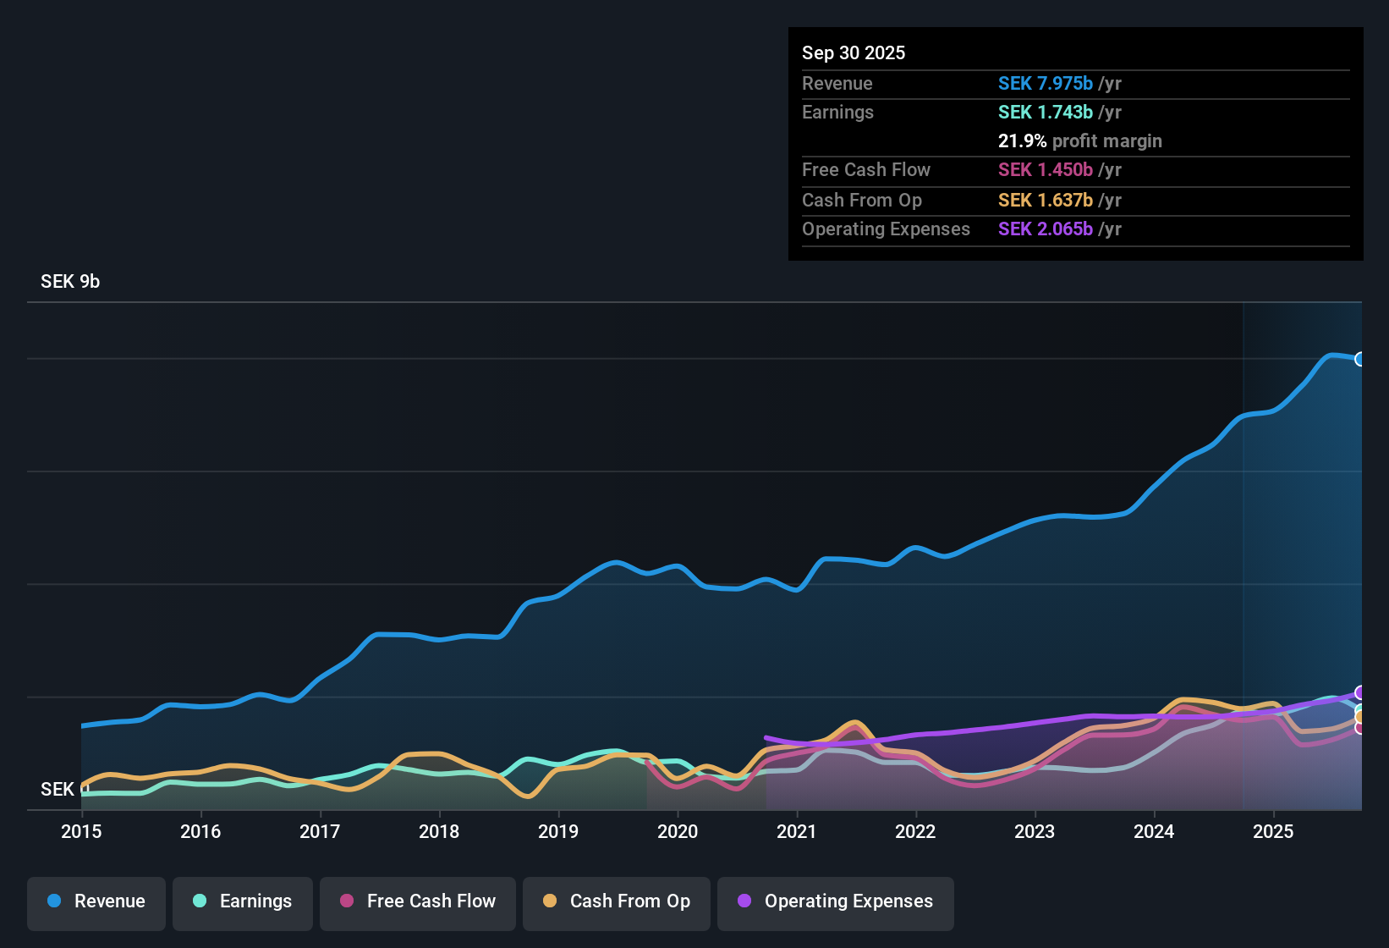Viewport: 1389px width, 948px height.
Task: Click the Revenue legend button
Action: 96,901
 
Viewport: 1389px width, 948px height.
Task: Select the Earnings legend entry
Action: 242,901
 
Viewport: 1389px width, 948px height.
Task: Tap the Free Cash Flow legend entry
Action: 417,901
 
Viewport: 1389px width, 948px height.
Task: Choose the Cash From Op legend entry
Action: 616,901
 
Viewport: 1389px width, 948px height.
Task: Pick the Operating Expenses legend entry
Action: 835,901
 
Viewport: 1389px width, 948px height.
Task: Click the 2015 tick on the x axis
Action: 81,831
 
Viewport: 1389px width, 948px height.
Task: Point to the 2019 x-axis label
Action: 558,831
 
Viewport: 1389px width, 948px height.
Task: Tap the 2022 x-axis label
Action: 915,831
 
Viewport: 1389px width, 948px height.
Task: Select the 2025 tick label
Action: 1273,831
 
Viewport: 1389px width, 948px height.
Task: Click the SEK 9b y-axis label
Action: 70,282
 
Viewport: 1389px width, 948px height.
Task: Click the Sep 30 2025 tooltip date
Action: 853,53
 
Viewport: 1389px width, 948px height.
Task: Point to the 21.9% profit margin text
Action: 1079,141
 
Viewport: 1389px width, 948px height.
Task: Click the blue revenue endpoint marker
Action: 1360,359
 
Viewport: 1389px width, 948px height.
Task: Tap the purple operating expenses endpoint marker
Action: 1360,692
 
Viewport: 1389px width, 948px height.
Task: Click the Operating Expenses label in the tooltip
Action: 886,229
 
